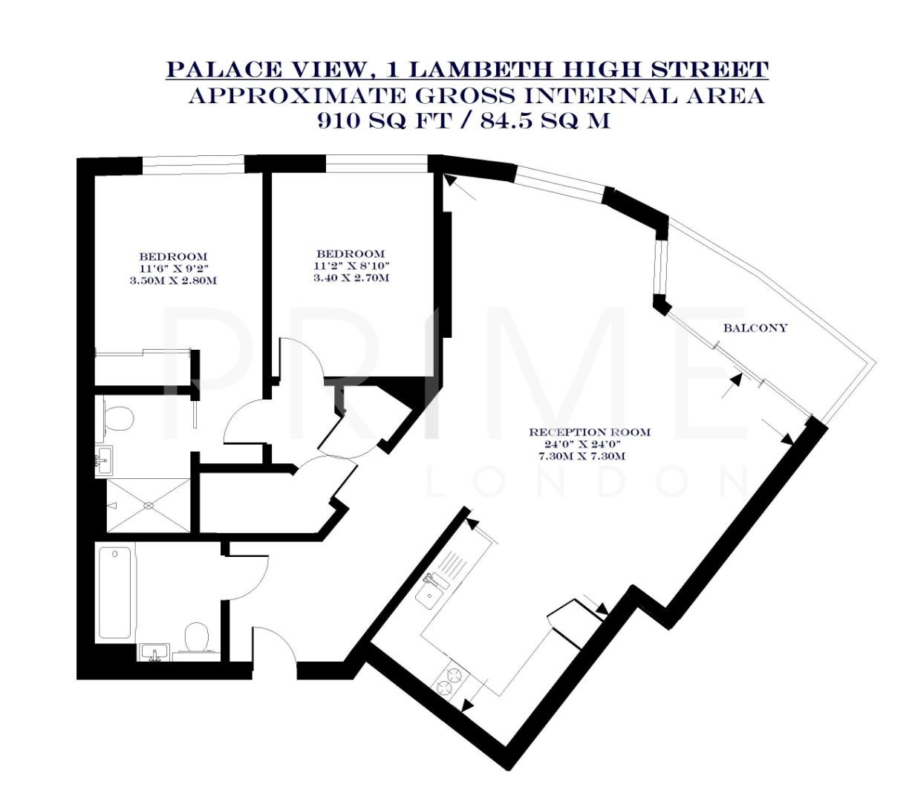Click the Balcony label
pos(755,327)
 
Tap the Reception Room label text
pos(589,431)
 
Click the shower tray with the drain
pos(149,505)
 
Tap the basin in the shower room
pos(104,460)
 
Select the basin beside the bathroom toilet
pos(155,653)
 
